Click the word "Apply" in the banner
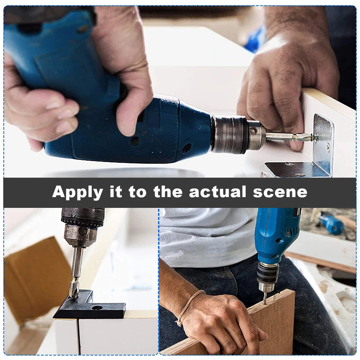[77, 192]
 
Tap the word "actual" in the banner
[218, 191]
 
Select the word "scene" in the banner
[280, 192]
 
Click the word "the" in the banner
[168, 191]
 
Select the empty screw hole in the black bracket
[97, 308]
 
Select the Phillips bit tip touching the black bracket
[74, 291]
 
